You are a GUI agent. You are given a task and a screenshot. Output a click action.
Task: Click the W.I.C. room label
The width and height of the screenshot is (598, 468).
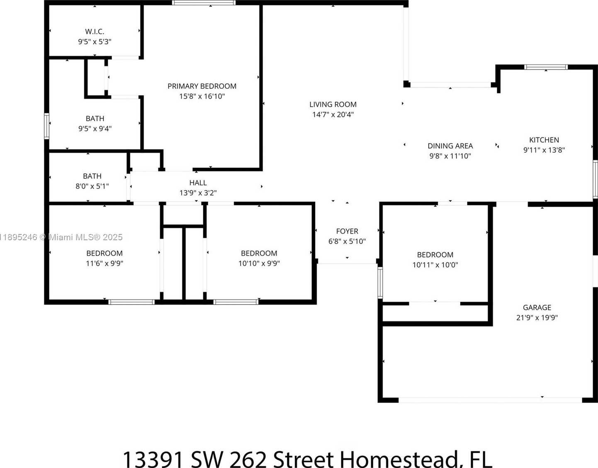[x=95, y=32]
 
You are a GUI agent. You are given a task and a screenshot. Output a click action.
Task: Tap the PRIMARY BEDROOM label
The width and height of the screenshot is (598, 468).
[x=202, y=86]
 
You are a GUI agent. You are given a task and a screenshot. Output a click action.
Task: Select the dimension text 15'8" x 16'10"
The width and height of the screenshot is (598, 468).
[x=202, y=96]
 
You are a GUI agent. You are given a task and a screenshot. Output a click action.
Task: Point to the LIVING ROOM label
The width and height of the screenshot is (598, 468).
[x=333, y=104]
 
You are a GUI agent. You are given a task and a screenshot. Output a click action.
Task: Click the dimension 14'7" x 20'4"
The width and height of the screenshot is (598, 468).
[x=333, y=115]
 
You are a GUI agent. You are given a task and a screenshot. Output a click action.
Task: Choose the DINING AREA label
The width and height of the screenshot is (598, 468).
[x=450, y=146]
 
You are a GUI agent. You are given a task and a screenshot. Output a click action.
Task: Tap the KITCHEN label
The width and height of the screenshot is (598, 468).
[x=544, y=140]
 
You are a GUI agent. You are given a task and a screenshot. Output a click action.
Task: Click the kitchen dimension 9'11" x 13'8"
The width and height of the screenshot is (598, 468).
[x=544, y=150]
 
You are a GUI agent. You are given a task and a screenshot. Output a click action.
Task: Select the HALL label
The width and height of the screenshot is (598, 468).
[x=198, y=183]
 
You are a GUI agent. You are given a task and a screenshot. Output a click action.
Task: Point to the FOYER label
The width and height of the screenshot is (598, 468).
[x=347, y=231]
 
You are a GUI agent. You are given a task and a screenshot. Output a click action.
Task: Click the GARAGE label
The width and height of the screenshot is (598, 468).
[x=537, y=307]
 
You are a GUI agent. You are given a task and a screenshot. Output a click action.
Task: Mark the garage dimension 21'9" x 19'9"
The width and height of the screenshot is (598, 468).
[x=537, y=318]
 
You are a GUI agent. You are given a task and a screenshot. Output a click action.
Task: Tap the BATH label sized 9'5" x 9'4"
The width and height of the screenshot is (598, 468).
[x=95, y=119]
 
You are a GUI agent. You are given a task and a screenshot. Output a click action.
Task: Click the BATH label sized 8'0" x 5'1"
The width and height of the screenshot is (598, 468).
[x=92, y=176]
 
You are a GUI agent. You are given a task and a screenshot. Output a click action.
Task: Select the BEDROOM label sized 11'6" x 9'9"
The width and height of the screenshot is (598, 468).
[x=105, y=253]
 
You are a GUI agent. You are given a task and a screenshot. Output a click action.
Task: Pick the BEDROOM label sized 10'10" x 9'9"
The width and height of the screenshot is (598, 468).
[x=259, y=253]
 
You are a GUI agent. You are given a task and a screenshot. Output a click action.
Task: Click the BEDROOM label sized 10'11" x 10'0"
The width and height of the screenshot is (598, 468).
[x=435, y=255]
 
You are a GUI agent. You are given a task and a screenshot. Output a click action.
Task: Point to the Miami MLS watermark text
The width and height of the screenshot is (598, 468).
[x=61, y=237]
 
